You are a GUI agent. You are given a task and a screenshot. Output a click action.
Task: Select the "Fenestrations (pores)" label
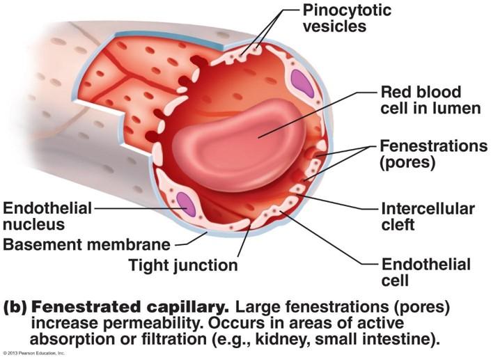432,155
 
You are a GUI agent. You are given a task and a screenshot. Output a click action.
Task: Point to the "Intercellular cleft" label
428,216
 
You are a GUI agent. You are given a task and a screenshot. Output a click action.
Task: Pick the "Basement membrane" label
87,244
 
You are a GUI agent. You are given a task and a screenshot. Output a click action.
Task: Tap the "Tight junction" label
183,265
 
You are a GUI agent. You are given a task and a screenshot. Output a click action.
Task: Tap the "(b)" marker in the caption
17,307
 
